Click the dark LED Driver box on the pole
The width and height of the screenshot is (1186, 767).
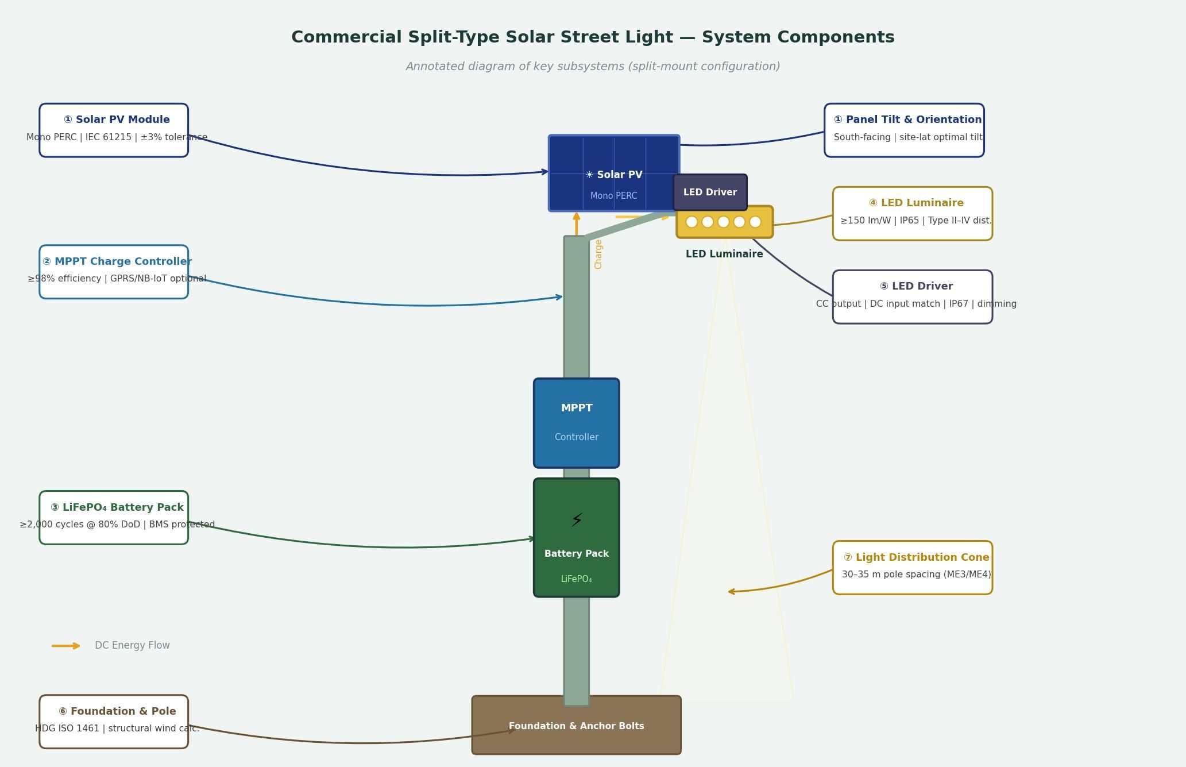pyautogui.click(x=710, y=192)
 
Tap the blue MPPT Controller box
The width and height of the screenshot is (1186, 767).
pyautogui.click(x=576, y=423)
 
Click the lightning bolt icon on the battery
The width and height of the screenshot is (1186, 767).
pyautogui.click(x=577, y=521)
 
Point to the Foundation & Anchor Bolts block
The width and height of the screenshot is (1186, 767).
pyautogui.click(x=576, y=726)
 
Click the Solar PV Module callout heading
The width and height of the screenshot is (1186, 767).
pyautogui.click(x=117, y=120)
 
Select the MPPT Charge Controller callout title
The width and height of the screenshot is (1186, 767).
pyautogui.click(x=117, y=261)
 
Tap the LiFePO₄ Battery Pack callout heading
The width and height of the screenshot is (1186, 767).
pyautogui.click(x=117, y=507)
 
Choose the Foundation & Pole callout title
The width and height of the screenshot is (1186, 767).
pyautogui.click(x=117, y=711)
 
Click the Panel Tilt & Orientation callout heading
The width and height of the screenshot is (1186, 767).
pyautogui.click(x=907, y=120)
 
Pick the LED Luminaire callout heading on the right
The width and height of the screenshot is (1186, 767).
pyautogui.click(x=916, y=203)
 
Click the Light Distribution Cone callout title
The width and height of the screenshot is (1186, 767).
pyautogui.click(x=916, y=557)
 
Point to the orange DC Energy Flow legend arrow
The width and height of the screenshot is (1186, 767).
pyautogui.click(x=66, y=646)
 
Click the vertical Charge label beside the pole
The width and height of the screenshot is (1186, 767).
pyautogui.click(x=598, y=254)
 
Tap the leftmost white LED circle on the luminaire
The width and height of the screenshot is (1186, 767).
pyautogui.click(x=691, y=222)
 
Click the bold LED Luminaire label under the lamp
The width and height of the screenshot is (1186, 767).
pyautogui.click(x=724, y=254)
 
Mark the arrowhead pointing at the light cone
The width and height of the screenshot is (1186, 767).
pyautogui.click(x=731, y=591)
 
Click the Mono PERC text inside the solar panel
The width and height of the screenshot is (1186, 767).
pyautogui.click(x=613, y=196)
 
